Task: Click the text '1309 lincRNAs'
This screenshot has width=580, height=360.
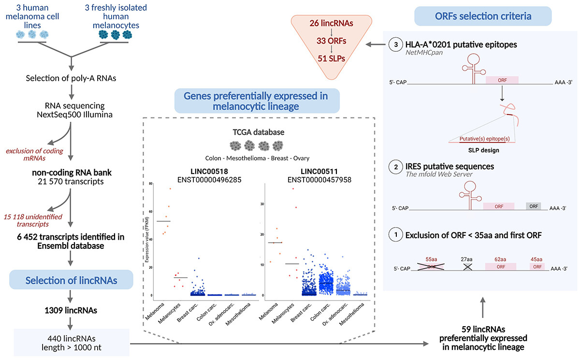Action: (x=71, y=310)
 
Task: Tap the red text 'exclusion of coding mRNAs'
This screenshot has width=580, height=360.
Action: (x=34, y=155)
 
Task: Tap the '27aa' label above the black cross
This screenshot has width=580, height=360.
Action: (x=467, y=259)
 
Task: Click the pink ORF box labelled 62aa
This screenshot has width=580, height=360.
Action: (x=501, y=267)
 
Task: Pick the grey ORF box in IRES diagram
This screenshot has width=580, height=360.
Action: (x=534, y=206)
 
